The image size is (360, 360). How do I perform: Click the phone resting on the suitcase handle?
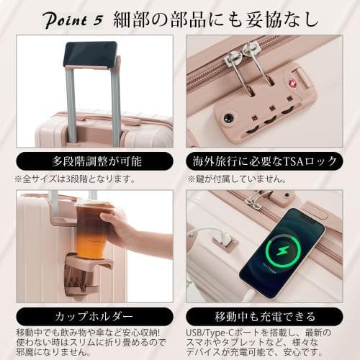(90, 54)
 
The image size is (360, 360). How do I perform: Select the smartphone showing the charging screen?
(281, 252)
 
